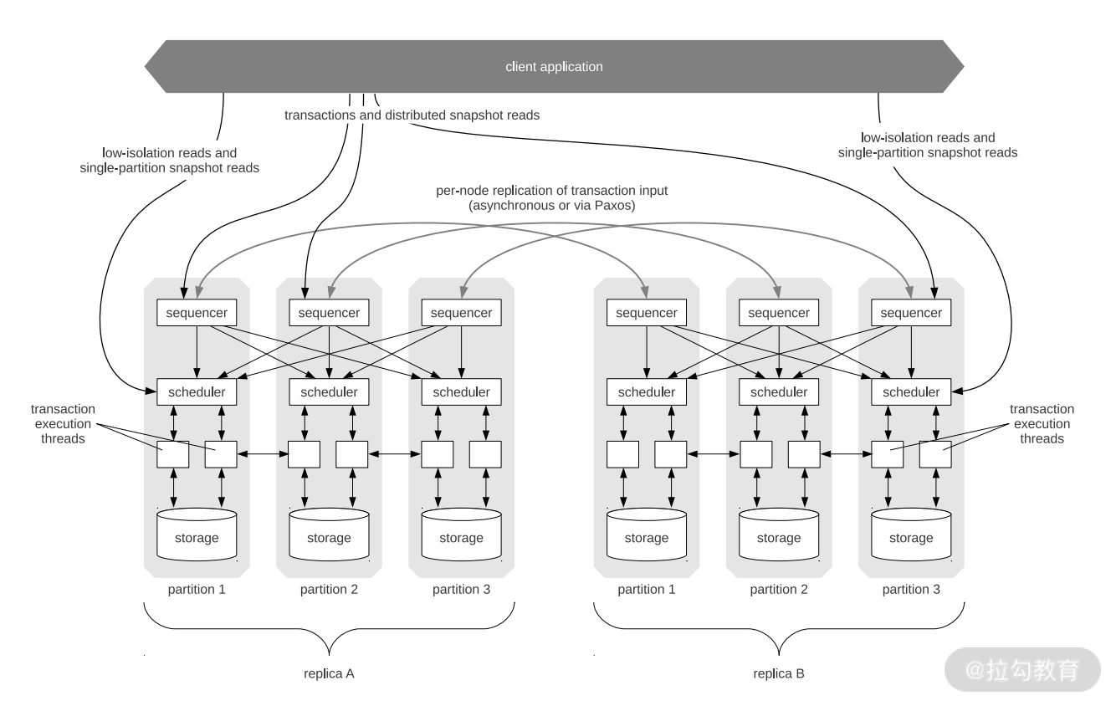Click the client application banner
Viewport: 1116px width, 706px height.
(x=554, y=67)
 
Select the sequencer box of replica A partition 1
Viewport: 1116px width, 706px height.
(x=197, y=313)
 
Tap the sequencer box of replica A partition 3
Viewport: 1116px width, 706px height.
(x=461, y=313)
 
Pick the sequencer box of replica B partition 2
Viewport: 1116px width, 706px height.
(x=779, y=313)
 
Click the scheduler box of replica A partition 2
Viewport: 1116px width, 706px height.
(x=329, y=391)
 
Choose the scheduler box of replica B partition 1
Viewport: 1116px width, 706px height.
(x=647, y=391)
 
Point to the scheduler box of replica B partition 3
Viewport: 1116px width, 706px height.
(x=911, y=391)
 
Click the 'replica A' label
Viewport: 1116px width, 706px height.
(x=329, y=673)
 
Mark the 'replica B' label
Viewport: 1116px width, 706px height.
(x=779, y=673)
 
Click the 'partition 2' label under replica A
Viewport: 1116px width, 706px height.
(x=329, y=590)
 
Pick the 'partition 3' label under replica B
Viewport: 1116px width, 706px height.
(x=911, y=590)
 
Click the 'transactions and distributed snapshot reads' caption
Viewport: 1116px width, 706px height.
(x=412, y=115)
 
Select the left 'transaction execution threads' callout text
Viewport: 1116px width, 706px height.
(x=63, y=423)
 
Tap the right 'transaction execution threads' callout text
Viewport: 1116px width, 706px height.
(x=1042, y=423)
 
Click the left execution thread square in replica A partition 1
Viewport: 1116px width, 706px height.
(x=173, y=455)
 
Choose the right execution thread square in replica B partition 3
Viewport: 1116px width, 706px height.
(x=935, y=455)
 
